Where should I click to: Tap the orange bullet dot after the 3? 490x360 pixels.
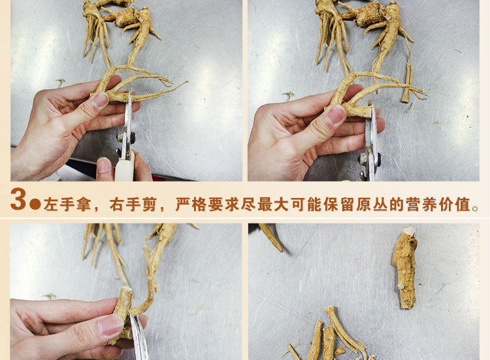coord(35,204)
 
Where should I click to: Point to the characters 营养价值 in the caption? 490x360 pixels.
coord(438,205)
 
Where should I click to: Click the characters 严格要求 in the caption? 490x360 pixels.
coord(208,205)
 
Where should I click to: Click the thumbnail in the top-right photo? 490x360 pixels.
coord(336,114)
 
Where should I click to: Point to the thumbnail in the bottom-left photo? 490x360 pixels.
coord(110,325)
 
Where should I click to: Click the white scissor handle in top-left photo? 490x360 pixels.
coord(124,166)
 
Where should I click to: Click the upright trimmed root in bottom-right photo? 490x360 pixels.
coord(405,267)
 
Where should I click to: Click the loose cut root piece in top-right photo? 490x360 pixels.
coord(407,83)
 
